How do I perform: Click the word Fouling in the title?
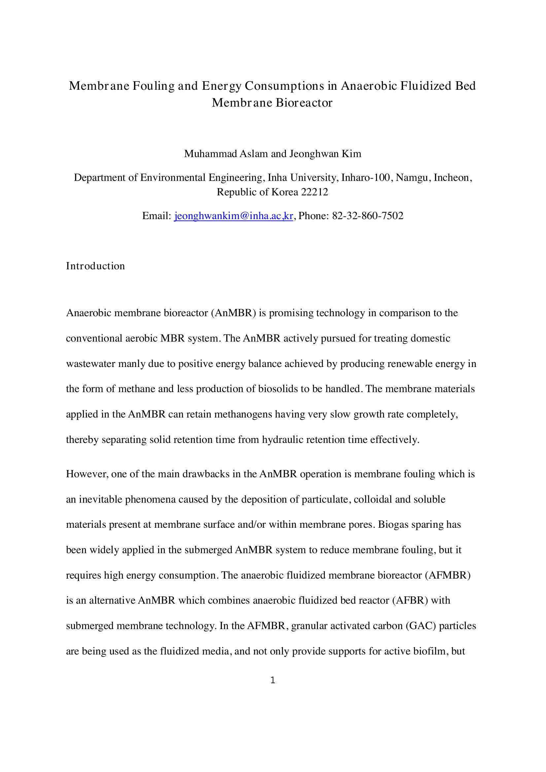[154, 86]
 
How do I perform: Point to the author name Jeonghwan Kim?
[325, 154]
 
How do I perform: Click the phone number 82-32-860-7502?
[367, 216]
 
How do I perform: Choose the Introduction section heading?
[95, 266]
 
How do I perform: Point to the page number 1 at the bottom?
[273, 681]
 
